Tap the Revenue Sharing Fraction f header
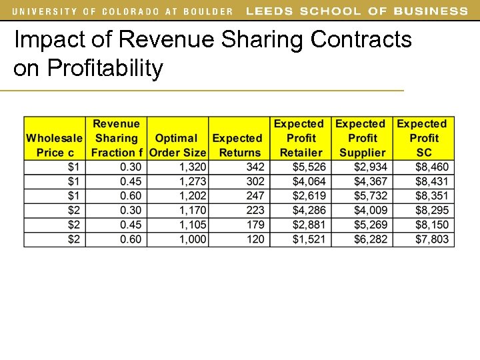[116, 138]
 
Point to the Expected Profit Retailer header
[300, 138]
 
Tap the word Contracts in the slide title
[361, 40]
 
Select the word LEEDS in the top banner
[270, 11]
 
